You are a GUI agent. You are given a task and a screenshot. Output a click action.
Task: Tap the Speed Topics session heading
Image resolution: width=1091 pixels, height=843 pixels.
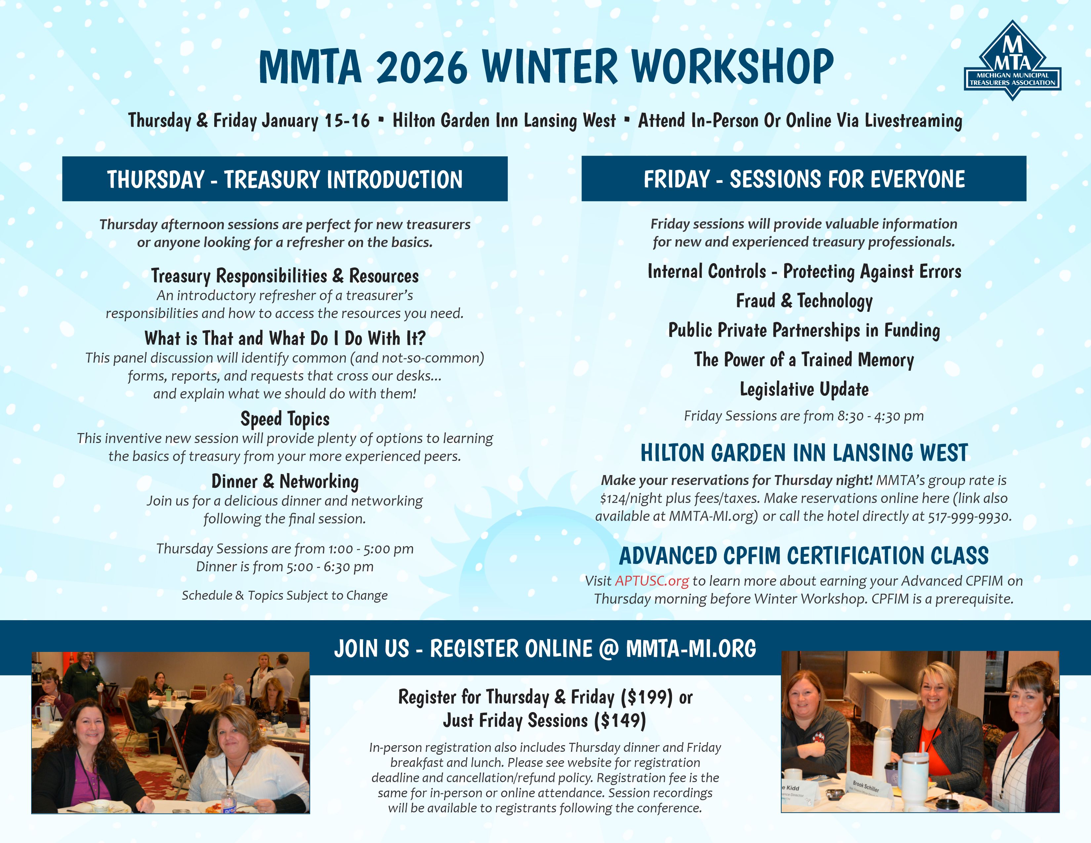(x=285, y=419)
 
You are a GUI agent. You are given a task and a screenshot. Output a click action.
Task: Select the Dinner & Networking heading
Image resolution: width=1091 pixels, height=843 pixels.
(x=285, y=481)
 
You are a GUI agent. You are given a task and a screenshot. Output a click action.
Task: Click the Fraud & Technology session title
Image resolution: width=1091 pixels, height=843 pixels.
(x=804, y=301)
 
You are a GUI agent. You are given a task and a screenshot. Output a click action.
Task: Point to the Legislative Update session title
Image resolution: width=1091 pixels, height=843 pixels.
(x=804, y=389)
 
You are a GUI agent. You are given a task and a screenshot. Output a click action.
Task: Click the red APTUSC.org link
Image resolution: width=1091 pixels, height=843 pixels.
(x=652, y=581)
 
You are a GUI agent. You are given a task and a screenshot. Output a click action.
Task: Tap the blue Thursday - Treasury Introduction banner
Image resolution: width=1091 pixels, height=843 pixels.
(x=285, y=179)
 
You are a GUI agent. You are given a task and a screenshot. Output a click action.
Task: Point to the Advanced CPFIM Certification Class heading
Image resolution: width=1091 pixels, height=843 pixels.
(x=804, y=555)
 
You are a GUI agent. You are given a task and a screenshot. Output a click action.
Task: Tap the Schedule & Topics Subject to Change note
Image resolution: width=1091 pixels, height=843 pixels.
(x=285, y=595)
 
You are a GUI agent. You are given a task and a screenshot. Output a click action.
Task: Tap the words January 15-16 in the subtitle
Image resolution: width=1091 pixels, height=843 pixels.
(x=316, y=120)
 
